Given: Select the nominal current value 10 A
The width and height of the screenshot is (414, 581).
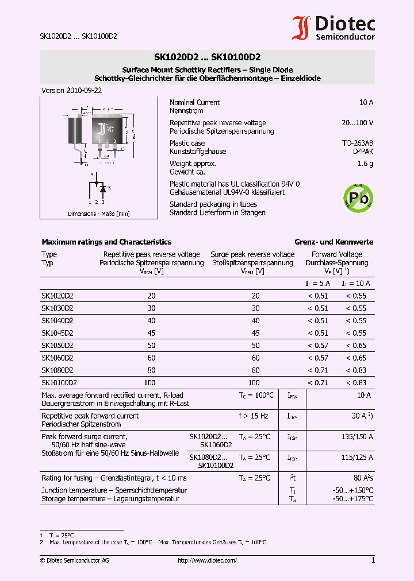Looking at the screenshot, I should (366, 103).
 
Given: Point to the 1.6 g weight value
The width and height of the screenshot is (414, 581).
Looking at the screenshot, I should (366, 164).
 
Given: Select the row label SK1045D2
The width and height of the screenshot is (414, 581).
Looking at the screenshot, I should (57, 333).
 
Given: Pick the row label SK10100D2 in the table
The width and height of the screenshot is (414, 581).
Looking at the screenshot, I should (59, 382).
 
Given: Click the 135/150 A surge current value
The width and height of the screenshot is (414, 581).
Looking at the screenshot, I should (357, 437).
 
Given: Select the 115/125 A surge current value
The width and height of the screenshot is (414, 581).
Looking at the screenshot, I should (357, 458).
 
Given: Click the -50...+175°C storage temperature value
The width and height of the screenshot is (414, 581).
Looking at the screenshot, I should (354, 499).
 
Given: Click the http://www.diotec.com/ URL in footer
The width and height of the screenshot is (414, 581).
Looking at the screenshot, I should (207, 560).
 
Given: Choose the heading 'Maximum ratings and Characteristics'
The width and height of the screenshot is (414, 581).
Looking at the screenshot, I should (106, 242).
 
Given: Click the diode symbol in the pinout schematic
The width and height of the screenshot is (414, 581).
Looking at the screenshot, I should (103, 188).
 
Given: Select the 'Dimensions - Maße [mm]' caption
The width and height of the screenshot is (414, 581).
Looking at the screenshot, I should (98, 214).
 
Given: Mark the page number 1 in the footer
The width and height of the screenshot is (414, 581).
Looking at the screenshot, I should (373, 560).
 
